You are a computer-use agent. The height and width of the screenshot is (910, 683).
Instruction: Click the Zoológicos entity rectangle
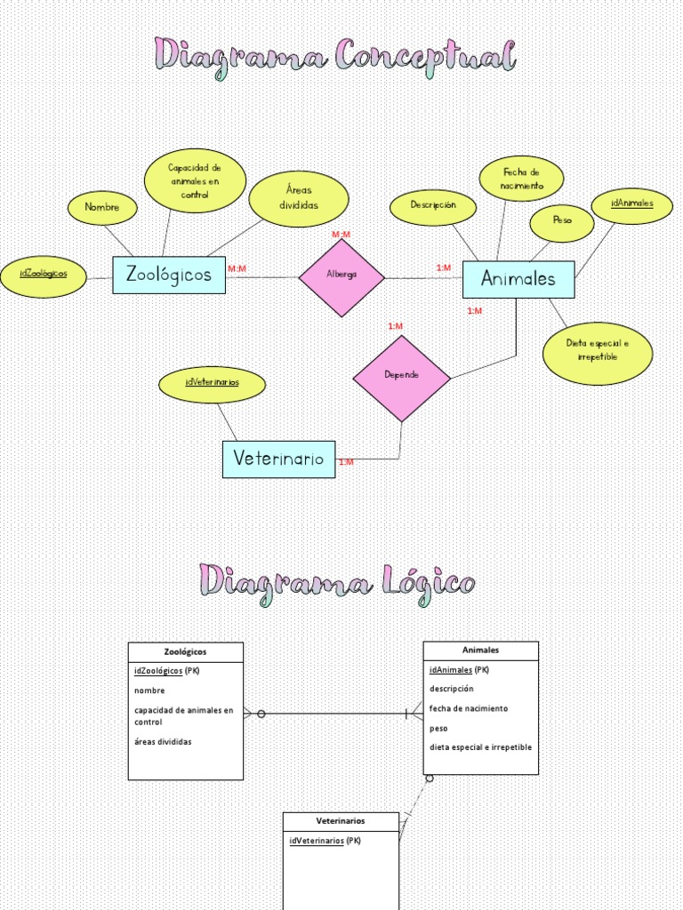169,275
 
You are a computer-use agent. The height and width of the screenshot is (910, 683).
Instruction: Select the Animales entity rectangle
518,279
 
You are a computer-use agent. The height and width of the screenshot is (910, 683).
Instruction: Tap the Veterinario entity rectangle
278,459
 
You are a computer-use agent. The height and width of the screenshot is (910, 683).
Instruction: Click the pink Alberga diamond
341,276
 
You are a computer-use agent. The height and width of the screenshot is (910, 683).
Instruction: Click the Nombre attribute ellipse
102,208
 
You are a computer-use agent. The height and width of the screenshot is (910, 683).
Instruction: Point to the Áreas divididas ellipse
299,199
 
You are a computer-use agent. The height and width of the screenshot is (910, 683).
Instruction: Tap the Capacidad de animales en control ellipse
195,180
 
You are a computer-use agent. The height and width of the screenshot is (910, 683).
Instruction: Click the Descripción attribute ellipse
433,206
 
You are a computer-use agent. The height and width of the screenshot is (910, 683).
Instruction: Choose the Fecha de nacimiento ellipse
521,179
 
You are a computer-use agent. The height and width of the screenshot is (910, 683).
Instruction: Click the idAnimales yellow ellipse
632,204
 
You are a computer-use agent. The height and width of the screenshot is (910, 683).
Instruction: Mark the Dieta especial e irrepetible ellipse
598,353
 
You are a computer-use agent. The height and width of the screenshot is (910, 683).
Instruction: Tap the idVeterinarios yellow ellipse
213,384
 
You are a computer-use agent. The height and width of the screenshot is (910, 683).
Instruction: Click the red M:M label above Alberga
341,235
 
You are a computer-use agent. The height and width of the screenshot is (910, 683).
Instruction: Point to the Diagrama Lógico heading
338,584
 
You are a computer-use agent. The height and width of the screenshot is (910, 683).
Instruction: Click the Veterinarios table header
341,821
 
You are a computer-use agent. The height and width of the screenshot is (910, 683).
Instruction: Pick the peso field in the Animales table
438,729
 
